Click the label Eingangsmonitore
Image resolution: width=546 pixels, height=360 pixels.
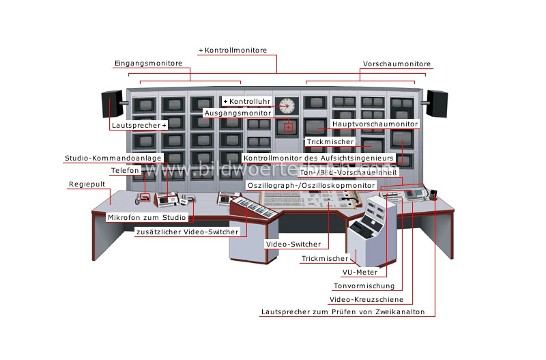147,64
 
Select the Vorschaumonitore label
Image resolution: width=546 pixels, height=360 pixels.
396,64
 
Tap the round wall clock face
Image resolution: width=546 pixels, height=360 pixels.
287,106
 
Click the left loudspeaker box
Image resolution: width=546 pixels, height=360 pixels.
111,105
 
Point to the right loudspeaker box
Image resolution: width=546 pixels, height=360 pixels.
437,104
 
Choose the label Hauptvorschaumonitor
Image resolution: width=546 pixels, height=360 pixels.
375,124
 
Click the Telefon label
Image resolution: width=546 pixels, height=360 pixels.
125,171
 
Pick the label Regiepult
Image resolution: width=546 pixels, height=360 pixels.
86,185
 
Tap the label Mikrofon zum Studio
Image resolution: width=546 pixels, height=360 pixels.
147,217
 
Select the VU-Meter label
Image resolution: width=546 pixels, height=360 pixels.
361,272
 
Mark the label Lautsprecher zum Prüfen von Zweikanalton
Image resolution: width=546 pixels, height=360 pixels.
343,312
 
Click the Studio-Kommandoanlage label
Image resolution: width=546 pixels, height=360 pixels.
113,158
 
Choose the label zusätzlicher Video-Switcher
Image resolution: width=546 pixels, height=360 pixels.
188,232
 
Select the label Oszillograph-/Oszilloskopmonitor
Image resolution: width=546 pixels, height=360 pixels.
311,185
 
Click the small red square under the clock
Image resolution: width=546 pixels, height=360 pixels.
289,126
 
